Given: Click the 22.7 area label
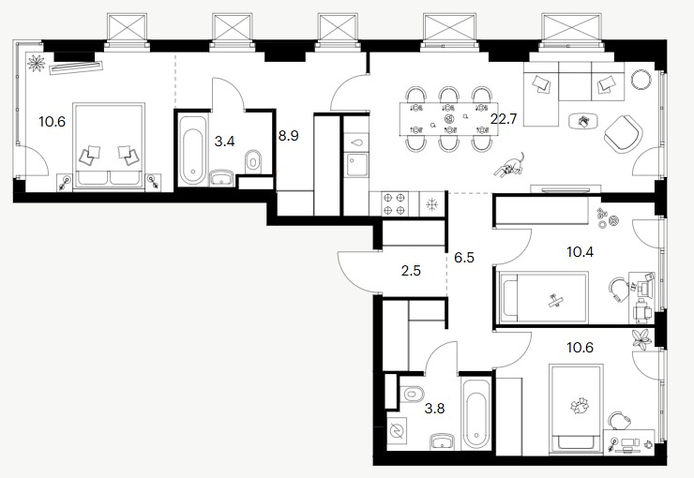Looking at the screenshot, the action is coord(504,119).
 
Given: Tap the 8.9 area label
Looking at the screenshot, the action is coord(289,136).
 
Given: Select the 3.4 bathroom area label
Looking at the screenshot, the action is coord(224,142).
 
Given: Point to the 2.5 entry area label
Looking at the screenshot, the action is coord(411,271).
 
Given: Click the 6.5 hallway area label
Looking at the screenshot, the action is coord(464,258).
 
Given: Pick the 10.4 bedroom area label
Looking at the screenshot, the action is coord(581,252).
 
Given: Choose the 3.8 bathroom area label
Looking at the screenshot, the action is coord(434,408).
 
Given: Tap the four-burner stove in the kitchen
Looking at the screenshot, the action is coord(394,203).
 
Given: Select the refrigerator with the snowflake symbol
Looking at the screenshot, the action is coord(431,204).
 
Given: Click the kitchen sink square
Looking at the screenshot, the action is coord(356,165).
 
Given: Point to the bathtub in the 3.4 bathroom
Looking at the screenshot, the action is coord(193,149).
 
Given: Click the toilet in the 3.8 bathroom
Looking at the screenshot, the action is coord(412,393).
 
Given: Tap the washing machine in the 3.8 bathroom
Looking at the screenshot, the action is coord(397,431).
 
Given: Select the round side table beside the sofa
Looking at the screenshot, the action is coord(641,80).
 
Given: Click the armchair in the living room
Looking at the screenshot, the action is coord(623,133).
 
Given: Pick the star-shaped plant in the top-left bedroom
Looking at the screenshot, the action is coord(37,63).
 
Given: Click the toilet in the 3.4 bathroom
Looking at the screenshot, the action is coord(252,161).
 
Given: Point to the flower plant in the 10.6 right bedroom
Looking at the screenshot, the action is coord(642,339).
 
